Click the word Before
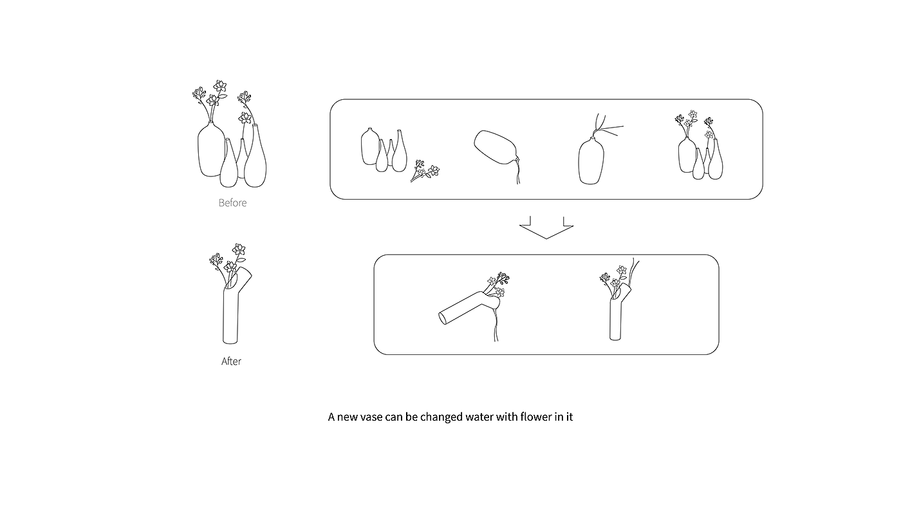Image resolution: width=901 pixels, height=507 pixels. [x=232, y=202]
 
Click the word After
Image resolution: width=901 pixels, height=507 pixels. [x=231, y=361]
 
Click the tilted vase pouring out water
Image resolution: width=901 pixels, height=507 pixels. [x=496, y=148]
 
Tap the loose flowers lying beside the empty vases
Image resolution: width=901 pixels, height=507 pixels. [x=425, y=171]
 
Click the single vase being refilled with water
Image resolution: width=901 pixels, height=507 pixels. [x=591, y=160]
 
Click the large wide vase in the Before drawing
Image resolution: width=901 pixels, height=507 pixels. [x=210, y=149]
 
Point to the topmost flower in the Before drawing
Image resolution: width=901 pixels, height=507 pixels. [x=220, y=86]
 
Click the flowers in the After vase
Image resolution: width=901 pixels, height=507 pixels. [x=228, y=260]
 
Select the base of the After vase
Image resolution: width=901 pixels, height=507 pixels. [x=230, y=341]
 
